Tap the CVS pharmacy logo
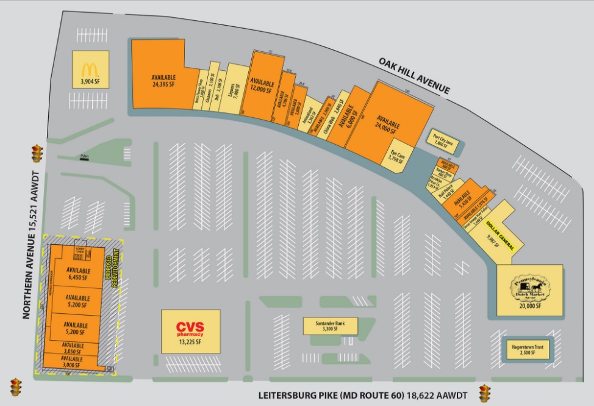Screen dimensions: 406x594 189,328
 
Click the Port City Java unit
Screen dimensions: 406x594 445,140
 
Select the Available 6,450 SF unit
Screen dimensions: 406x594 78,274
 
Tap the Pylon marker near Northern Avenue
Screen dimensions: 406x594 84,158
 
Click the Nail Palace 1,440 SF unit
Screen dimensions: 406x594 448,194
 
